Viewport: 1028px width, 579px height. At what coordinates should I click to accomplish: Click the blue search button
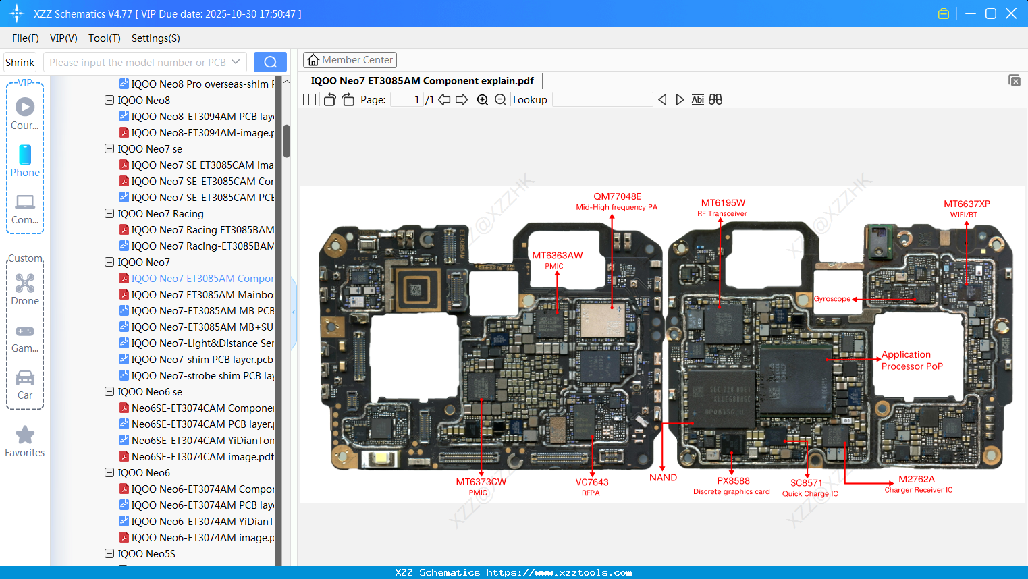point(270,62)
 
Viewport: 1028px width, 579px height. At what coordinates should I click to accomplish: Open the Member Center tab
point(350,60)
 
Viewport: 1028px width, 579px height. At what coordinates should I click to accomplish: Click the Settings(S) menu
point(155,38)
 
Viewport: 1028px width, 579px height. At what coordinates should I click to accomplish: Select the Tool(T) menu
point(104,38)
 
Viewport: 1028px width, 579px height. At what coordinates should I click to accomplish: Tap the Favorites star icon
point(25,435)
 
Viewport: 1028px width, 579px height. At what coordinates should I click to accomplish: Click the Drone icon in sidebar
point(25,283)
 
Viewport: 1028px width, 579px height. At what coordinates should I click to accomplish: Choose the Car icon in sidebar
point(25,378)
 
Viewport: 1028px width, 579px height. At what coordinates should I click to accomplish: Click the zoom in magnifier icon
point(483,100)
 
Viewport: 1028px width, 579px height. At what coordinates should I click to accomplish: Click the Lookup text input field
point(602,100)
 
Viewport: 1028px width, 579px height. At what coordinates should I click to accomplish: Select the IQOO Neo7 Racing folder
point(161,214)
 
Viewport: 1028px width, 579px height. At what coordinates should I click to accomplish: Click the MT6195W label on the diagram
point(723,203)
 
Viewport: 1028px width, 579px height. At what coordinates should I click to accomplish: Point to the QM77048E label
point(617,197)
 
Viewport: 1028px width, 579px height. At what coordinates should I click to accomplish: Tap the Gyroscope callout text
point(832,299)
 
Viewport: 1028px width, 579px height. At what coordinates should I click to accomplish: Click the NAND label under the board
point(663,478)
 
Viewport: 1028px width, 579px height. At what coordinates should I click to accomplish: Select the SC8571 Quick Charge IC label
point(807,483)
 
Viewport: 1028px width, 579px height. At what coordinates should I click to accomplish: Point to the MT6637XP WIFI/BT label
point(967,204)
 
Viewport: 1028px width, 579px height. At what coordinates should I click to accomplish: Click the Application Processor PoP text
point(911,360)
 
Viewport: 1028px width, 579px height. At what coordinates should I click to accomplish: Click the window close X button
point(1011,13)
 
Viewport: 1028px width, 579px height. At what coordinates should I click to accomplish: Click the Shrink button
point(20,63)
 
